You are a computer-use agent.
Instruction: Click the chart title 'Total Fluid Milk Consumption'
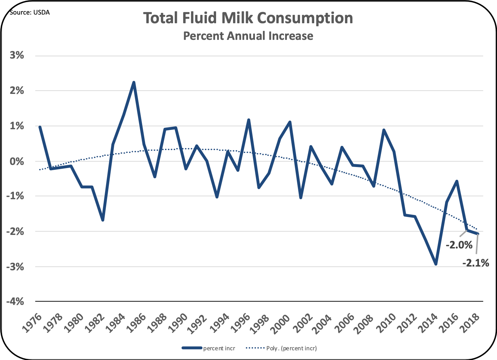[x=248, y=18]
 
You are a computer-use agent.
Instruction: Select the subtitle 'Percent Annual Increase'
[x=248, y=36]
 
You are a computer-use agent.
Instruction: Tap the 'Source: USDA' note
[x=29, y=12]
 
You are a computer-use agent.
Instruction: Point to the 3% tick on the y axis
[x=17, y=55]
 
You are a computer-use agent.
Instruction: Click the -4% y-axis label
[x=15, y=301]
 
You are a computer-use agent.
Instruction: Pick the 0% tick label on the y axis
[x=17, y=161]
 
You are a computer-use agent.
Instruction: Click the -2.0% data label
[x=459, y=245]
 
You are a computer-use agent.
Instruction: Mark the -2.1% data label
[x=475, y=263]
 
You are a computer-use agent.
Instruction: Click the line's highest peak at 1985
[x=134, y=82]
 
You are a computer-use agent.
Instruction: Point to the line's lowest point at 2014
[x=436, y=264]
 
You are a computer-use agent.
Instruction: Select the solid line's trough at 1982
[x=103, y=220]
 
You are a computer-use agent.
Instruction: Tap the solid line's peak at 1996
[x=248, y=120]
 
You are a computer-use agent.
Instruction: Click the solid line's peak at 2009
[x=384, y=130]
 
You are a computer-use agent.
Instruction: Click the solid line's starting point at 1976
[x=40, y=127]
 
